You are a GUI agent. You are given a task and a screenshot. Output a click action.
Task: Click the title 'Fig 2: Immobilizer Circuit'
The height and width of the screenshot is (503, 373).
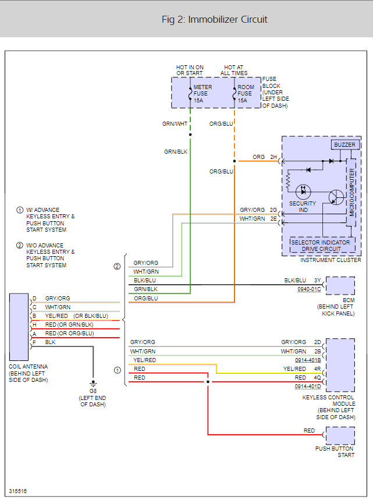214,20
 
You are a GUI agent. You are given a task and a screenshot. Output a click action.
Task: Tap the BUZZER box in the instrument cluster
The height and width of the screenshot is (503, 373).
344,144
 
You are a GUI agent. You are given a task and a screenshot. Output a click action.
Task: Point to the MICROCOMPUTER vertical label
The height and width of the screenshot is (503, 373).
352,192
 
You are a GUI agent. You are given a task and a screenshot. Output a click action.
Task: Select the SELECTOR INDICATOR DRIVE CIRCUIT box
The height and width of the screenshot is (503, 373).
321,246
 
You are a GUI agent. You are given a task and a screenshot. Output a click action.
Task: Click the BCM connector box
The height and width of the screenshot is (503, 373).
340,286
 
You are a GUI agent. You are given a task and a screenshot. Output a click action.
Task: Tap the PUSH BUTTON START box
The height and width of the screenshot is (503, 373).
340,435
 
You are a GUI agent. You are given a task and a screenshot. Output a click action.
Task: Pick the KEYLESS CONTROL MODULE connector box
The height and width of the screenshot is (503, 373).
340,364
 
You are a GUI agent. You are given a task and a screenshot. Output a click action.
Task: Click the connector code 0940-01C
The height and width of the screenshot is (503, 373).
308,289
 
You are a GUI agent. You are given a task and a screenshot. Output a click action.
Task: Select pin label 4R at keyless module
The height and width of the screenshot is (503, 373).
317,369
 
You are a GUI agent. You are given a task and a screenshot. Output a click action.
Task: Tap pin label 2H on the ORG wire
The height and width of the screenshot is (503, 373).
273,157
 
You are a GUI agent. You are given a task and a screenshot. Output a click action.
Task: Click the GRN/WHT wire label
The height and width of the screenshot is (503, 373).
175,123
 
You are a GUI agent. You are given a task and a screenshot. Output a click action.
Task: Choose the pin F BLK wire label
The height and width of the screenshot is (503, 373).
51,342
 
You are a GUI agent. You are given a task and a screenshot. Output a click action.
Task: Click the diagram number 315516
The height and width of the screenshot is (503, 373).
17,491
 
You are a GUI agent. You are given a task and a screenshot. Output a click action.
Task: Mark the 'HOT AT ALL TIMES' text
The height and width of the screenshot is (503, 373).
234,70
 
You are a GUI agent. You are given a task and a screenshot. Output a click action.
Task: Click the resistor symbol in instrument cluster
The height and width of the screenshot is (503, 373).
287,182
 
